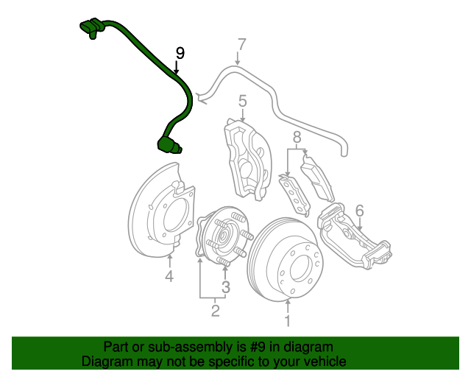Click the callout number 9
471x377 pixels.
click(180, 54)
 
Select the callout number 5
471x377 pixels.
click(242, 101)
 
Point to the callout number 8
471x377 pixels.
click(297, 137)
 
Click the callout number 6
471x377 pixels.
click(359, 211)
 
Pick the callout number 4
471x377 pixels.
click(169, 276)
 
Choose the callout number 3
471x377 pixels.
click(226, 287)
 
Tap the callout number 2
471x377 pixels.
click(215, 311)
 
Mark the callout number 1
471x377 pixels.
click(288, 320)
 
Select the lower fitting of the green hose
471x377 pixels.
click(169, 144)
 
